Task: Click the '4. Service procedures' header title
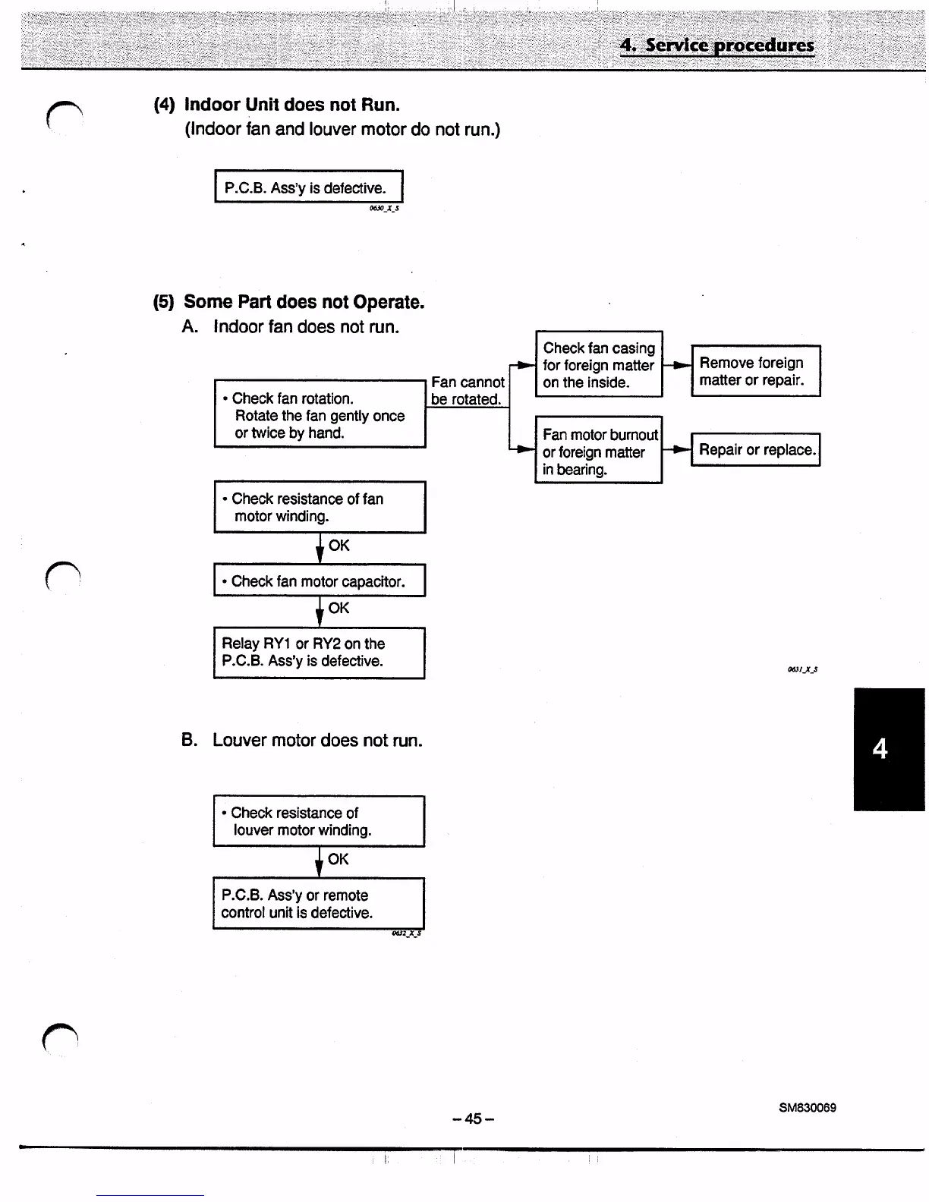tap(716, 45)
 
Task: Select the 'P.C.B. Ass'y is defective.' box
tap(307, 187)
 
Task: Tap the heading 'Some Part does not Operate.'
tap(304, 302)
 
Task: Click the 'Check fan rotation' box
tap(320, 414)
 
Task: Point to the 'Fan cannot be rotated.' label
tap(467, 391)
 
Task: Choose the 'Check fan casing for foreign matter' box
tap(598, 364)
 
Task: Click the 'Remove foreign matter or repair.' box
tap(755, 371)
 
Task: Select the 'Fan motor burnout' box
tap(598, 451)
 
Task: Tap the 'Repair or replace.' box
tap(755, 449)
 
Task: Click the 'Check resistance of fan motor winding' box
tap(320, 507)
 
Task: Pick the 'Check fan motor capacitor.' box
tap(320, 581)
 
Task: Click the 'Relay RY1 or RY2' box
tap(320, 653)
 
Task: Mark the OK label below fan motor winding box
tap(339, 546)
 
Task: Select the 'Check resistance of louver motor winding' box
tap(319, 821)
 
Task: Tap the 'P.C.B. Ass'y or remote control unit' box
tap(319, 904)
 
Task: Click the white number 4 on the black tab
tap(880, 750)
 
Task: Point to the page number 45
tap(473, 1119)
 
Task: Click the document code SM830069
tap(807, 1108)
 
